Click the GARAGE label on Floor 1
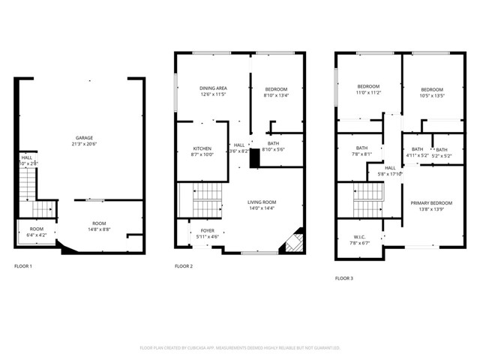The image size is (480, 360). pyautogui.click(x=83, y=138)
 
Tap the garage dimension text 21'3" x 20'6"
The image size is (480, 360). pyautogui.click(x=83, y=145)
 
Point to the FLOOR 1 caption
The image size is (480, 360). pyautogui.click(x=24, y=266)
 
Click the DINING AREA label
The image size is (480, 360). pyautogui.click(x=213, y=88)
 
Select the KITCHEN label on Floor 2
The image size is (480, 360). pyautogui.click(x=202, y=148)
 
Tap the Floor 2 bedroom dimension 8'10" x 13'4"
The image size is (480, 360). pyautogui.click(x=276, y=95)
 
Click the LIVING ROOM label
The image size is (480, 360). pyautogui.click(x=262, y=201)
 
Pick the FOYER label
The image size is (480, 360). pyautogui.click(x=207, y=231)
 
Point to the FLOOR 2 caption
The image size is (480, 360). pyautogui.click(x=184, y=266)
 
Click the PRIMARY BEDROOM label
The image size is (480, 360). pyautogui.click(x=431, y=203)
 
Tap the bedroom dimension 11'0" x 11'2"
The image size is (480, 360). pyautogui.click(x=368, y=93)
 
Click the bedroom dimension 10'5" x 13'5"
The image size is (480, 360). pyautogui.click(x=431, y=96)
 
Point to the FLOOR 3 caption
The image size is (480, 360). pyautogui.click(x=344, y=278)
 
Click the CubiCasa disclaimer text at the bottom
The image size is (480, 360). pyautogui.click(x=240, y=348)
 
